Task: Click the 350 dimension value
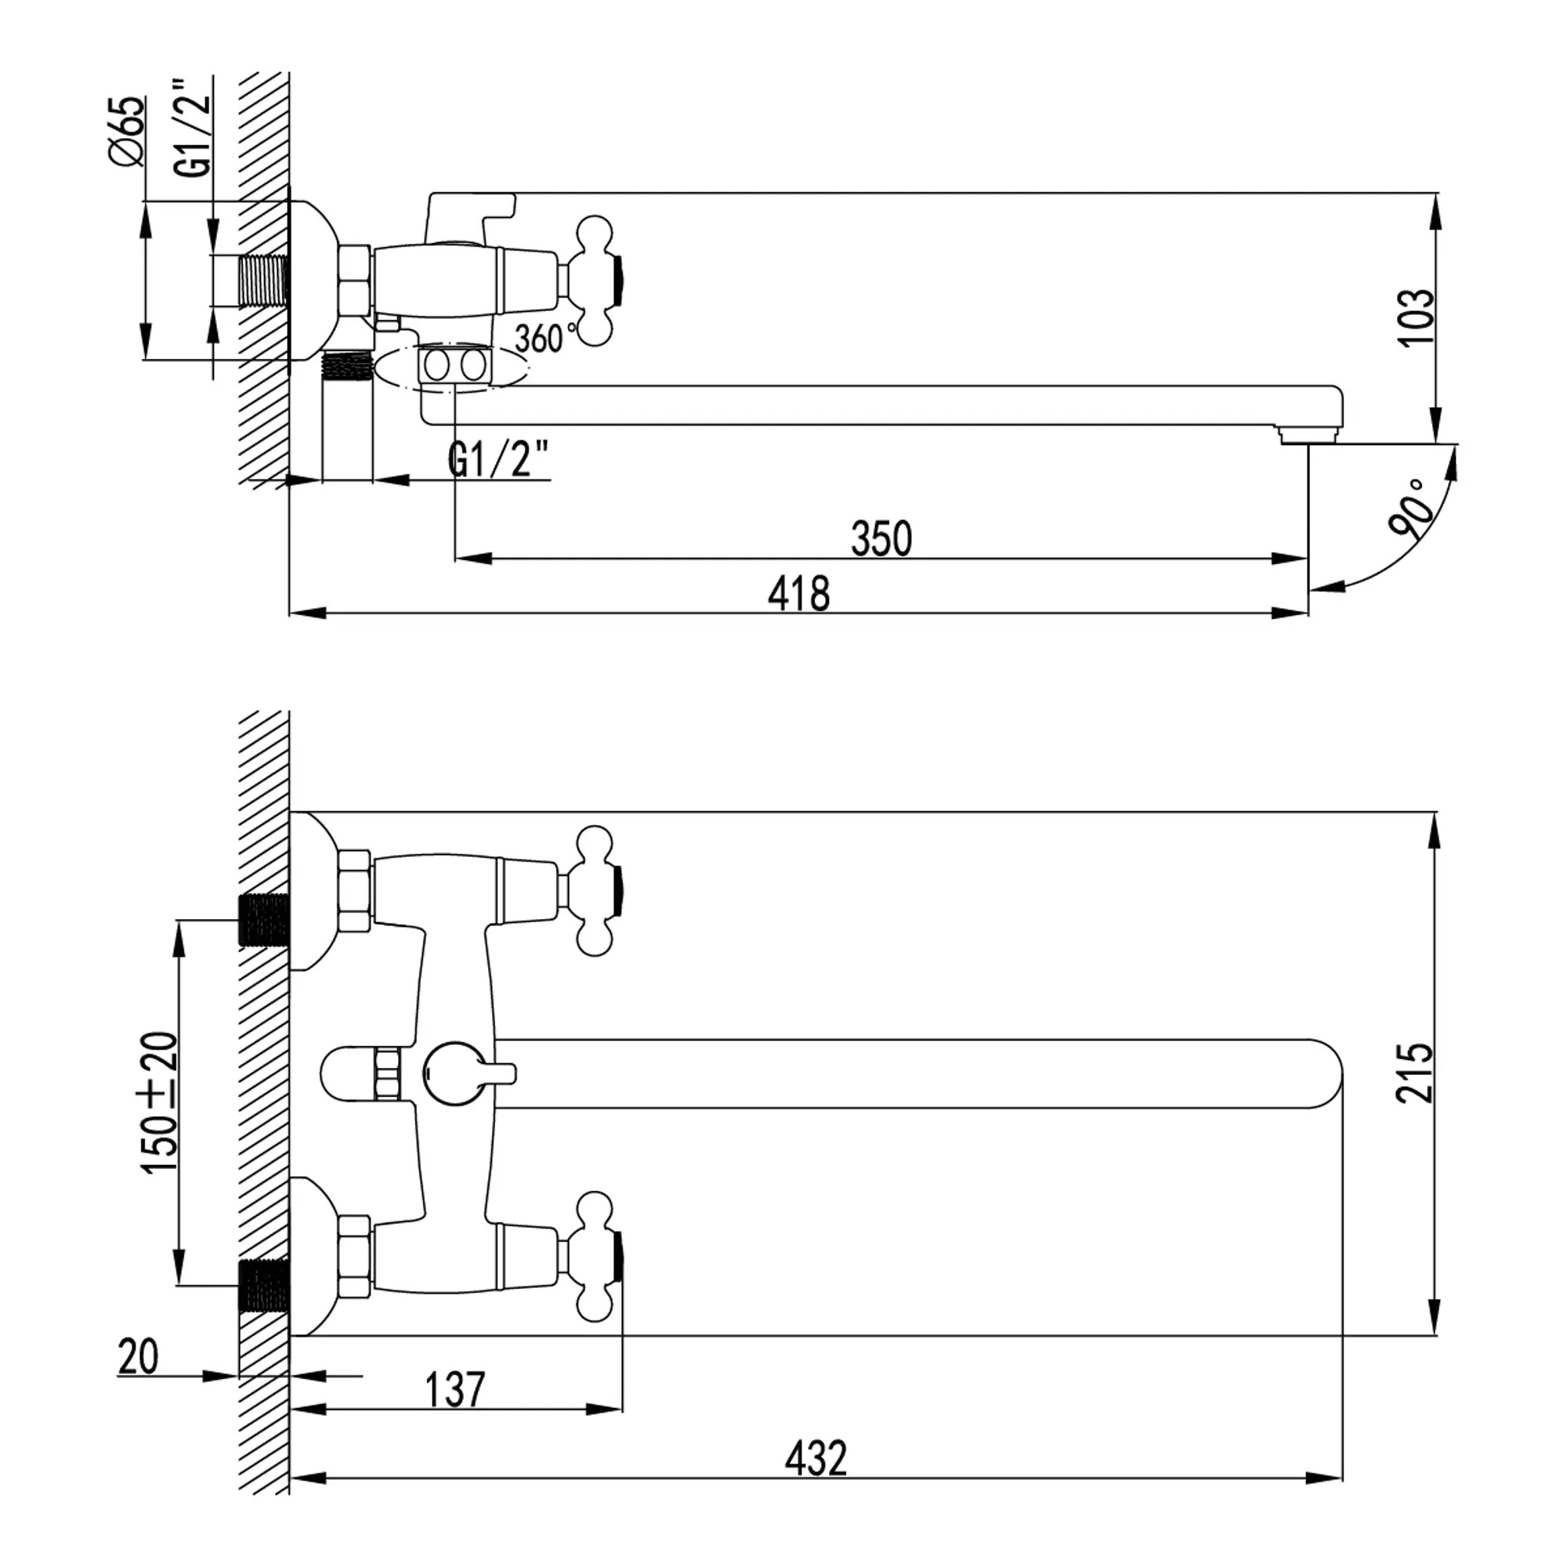click(x=881, y=538)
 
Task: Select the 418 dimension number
click(x=799, y=594)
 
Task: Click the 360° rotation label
click(x=547, y=337)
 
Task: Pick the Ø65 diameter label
click(x=128, y=131)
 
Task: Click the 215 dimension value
click(x=1414, y=1073)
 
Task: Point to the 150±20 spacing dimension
click(x=159, y=1102)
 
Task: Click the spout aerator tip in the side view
click(x=1307, y=436)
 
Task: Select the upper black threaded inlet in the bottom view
click(x=264, y=921)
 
